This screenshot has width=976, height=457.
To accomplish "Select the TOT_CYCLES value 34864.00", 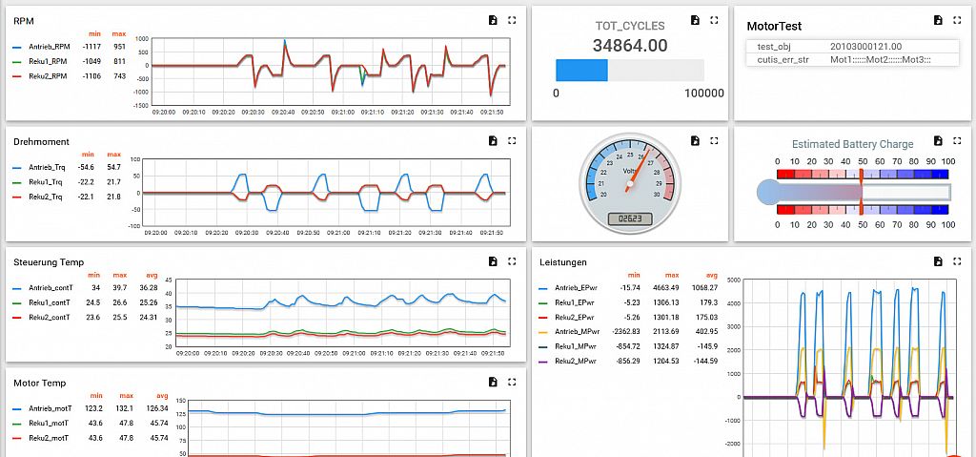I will [629, 45].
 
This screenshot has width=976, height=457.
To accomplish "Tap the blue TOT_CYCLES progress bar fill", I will [581, 70].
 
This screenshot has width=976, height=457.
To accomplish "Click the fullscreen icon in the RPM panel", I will [512, 20].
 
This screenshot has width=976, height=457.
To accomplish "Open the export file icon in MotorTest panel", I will [938, 20].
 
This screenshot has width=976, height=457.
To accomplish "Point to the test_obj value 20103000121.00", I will [865, 46].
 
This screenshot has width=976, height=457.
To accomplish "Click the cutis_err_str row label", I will [783, 59].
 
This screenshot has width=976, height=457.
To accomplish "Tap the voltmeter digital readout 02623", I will [629, 218].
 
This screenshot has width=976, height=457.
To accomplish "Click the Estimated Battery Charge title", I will [852, 144].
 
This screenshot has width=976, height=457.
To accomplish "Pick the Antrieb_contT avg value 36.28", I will [148, 287].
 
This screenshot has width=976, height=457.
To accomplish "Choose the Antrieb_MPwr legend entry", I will [579, 331].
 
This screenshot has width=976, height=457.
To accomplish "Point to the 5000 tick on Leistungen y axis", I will [733, 280].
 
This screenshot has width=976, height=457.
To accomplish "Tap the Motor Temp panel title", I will [40, 383].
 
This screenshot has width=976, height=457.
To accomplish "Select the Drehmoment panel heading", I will [41, 141].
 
